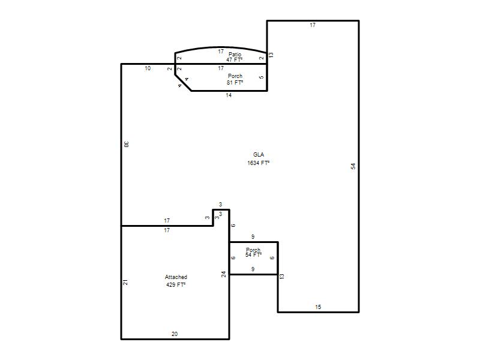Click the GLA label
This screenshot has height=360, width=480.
tap(259, 155)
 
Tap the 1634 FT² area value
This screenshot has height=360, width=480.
tap(259, 163)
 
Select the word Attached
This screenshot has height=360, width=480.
tap(176, 277)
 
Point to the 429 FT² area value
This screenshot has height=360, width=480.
tap(176, 284)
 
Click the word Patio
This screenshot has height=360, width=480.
tap(235, 55)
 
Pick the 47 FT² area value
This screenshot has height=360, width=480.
tap(235, 59)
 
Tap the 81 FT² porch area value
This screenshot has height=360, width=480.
tap(235, 83)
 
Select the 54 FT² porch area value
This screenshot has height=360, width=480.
tap(253, 254)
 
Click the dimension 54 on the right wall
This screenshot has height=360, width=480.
tap(353, 166)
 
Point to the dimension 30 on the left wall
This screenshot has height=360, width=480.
tap(127, 144)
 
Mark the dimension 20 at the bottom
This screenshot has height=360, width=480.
tap(175, 334)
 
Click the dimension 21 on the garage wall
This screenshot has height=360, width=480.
tap(125, 283)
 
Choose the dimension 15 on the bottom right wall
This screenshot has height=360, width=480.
tap(318, 307)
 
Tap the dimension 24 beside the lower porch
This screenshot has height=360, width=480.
tap(224, 274)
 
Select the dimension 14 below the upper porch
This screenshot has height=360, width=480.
tap(229, 95)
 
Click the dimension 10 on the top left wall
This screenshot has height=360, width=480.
tap(148, 68)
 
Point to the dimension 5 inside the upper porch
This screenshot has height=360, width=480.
tap(261, 77)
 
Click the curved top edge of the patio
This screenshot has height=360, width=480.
tap(221, 47)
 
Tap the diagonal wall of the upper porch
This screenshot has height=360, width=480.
tap(183, 83)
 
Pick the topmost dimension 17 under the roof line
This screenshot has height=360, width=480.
tap(312, 25)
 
